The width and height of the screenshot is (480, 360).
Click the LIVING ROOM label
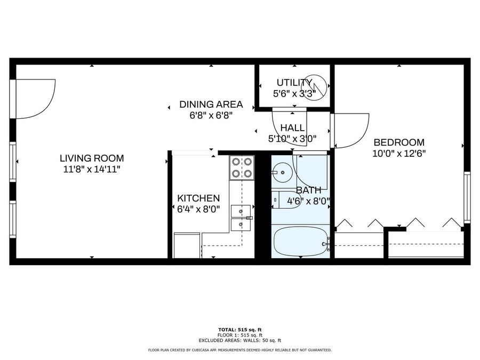[x=92, y=158]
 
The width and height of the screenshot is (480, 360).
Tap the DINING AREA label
[x=211, y=105]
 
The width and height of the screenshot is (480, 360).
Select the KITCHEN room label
[x=198, y=198]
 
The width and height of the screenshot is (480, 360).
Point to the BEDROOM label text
[x=399, y=142]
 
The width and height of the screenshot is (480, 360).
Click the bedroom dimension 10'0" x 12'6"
[x=399, y=154]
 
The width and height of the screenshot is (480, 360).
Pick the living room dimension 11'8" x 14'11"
[x=92, y=169]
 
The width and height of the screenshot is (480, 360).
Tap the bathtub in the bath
[x=300, y=241]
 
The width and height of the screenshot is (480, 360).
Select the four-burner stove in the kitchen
[x=242, y=168]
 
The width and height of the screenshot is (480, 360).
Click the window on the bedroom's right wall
[x=467, y=197]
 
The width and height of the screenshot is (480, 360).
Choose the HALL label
[x=292, y=127]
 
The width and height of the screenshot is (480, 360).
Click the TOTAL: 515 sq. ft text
[x=240, y=330]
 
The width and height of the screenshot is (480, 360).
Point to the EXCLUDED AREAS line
[x=239, y=340]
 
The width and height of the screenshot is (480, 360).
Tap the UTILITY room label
[x=294, y=83]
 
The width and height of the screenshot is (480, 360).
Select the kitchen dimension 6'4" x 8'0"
[x=198, y=209]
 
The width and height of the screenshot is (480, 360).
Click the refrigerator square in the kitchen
[x=187, y=245]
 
